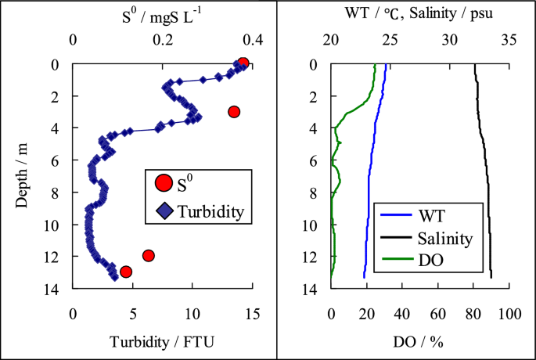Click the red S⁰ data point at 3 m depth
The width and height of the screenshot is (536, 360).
233,112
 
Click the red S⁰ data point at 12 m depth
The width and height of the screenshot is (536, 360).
149,255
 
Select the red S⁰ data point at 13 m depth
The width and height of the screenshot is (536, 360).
126,272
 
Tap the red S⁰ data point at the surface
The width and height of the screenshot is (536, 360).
243,63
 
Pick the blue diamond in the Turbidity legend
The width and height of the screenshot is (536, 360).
163,210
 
